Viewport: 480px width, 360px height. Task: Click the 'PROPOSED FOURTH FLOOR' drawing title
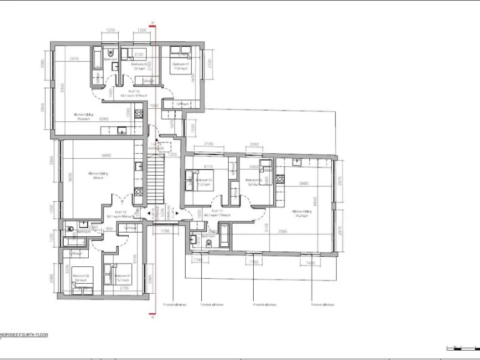tap(24, 335)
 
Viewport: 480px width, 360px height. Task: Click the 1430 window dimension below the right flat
tap(311, 262)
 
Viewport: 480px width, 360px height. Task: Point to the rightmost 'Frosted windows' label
tap(322, 305)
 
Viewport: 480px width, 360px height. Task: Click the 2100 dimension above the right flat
tap(208, 144)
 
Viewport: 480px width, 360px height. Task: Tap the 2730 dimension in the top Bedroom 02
tap(138, 55)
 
